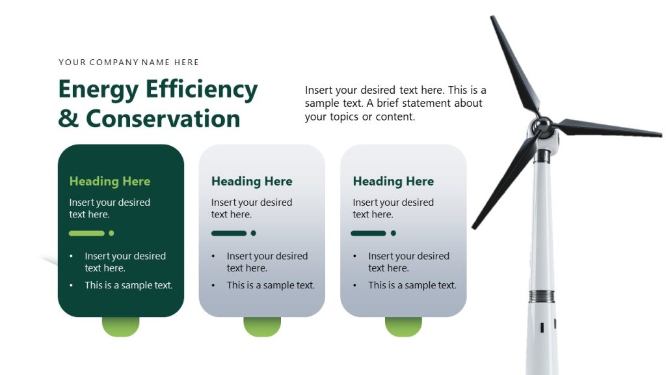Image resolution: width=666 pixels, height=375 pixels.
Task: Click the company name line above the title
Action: point(129,62)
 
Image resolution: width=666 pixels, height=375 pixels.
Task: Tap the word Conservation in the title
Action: point(163,118)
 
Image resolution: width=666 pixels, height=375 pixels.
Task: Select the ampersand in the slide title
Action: point(68,118)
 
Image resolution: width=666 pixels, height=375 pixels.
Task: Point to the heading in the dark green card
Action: point(109,182)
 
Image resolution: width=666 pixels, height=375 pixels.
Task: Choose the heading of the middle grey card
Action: point(252,182)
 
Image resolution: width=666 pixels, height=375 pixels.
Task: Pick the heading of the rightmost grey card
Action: point(393,182)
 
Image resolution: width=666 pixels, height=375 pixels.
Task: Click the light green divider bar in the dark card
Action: point(87,233)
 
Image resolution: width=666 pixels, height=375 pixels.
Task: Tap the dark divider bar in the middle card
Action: point(229,233)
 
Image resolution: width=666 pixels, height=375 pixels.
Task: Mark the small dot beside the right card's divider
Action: point(393,233)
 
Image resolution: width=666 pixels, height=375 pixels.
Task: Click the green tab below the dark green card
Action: point(120,327)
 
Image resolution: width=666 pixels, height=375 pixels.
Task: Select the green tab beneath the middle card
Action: point(262,327)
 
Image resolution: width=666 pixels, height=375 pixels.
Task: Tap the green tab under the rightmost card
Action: point(403,327)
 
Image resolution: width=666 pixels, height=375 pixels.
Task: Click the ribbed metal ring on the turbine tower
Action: point(541,296)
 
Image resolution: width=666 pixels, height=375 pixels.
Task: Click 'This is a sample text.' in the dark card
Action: point(129,285)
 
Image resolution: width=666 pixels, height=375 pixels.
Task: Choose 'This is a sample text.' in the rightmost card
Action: point(412,285)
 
